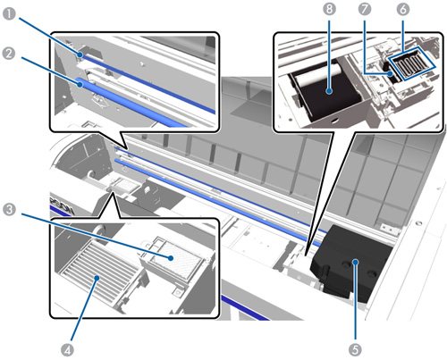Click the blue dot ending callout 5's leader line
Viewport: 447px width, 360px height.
point(355,262)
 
